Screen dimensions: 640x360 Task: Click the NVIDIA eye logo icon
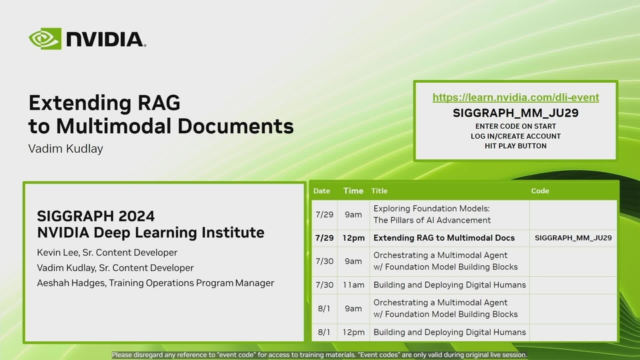(45, 39)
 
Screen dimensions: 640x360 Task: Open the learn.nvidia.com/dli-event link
(515, 97)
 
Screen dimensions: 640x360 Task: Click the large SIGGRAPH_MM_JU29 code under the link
(515, 113)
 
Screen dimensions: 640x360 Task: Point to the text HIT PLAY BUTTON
(515, 146)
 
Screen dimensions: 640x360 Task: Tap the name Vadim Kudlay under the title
(65, 149)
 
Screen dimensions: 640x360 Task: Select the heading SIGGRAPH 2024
(96, 216)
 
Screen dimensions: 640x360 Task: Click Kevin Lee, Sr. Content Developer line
(107, 253)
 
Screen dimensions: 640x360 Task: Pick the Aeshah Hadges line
(155, 283)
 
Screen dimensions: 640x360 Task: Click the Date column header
(321, 191)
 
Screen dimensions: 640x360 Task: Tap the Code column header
(540, 191)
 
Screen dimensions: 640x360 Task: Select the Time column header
(353, 191)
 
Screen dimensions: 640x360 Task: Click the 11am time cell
(353, 285)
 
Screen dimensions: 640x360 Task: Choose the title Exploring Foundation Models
(431, 209)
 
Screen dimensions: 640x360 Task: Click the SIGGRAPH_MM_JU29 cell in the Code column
(573, 238)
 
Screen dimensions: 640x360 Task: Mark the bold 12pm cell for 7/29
(353, 238)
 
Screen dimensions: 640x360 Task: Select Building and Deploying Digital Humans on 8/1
(449, 332)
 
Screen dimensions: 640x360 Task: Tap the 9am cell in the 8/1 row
(353, 309)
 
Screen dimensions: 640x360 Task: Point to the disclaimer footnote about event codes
(319, 355)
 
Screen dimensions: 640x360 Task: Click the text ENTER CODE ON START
(515, 126)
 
